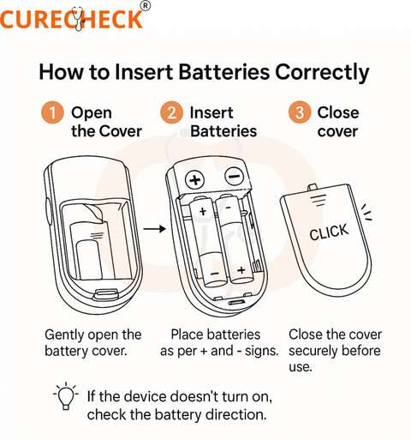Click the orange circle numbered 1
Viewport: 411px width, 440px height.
pos(52,112)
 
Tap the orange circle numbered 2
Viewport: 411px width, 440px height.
pos(171,112)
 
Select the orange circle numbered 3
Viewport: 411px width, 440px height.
pos(299,112)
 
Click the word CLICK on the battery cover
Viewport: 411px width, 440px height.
pos(329,232)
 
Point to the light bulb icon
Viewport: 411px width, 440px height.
pos(66,395)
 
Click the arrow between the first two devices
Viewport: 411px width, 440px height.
pos(154,229)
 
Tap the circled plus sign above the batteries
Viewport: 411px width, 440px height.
pos(195,180)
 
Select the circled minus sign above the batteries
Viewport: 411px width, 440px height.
pos(235,177)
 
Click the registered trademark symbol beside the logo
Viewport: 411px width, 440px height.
pos(146,6)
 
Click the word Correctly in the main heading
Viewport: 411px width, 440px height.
pos(322,72)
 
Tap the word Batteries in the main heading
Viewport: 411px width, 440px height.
pos(224,71)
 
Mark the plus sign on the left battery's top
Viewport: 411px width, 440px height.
pos(203,212)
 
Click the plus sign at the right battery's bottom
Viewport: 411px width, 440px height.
pos(241,269)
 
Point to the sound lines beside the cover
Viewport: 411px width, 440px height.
pos(366,212)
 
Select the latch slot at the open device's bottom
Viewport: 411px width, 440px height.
pos(106,293)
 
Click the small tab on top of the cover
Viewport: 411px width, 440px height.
pos(313,187)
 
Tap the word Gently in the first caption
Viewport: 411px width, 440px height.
pos(64,335)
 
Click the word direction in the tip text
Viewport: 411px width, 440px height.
pos(236,414)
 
